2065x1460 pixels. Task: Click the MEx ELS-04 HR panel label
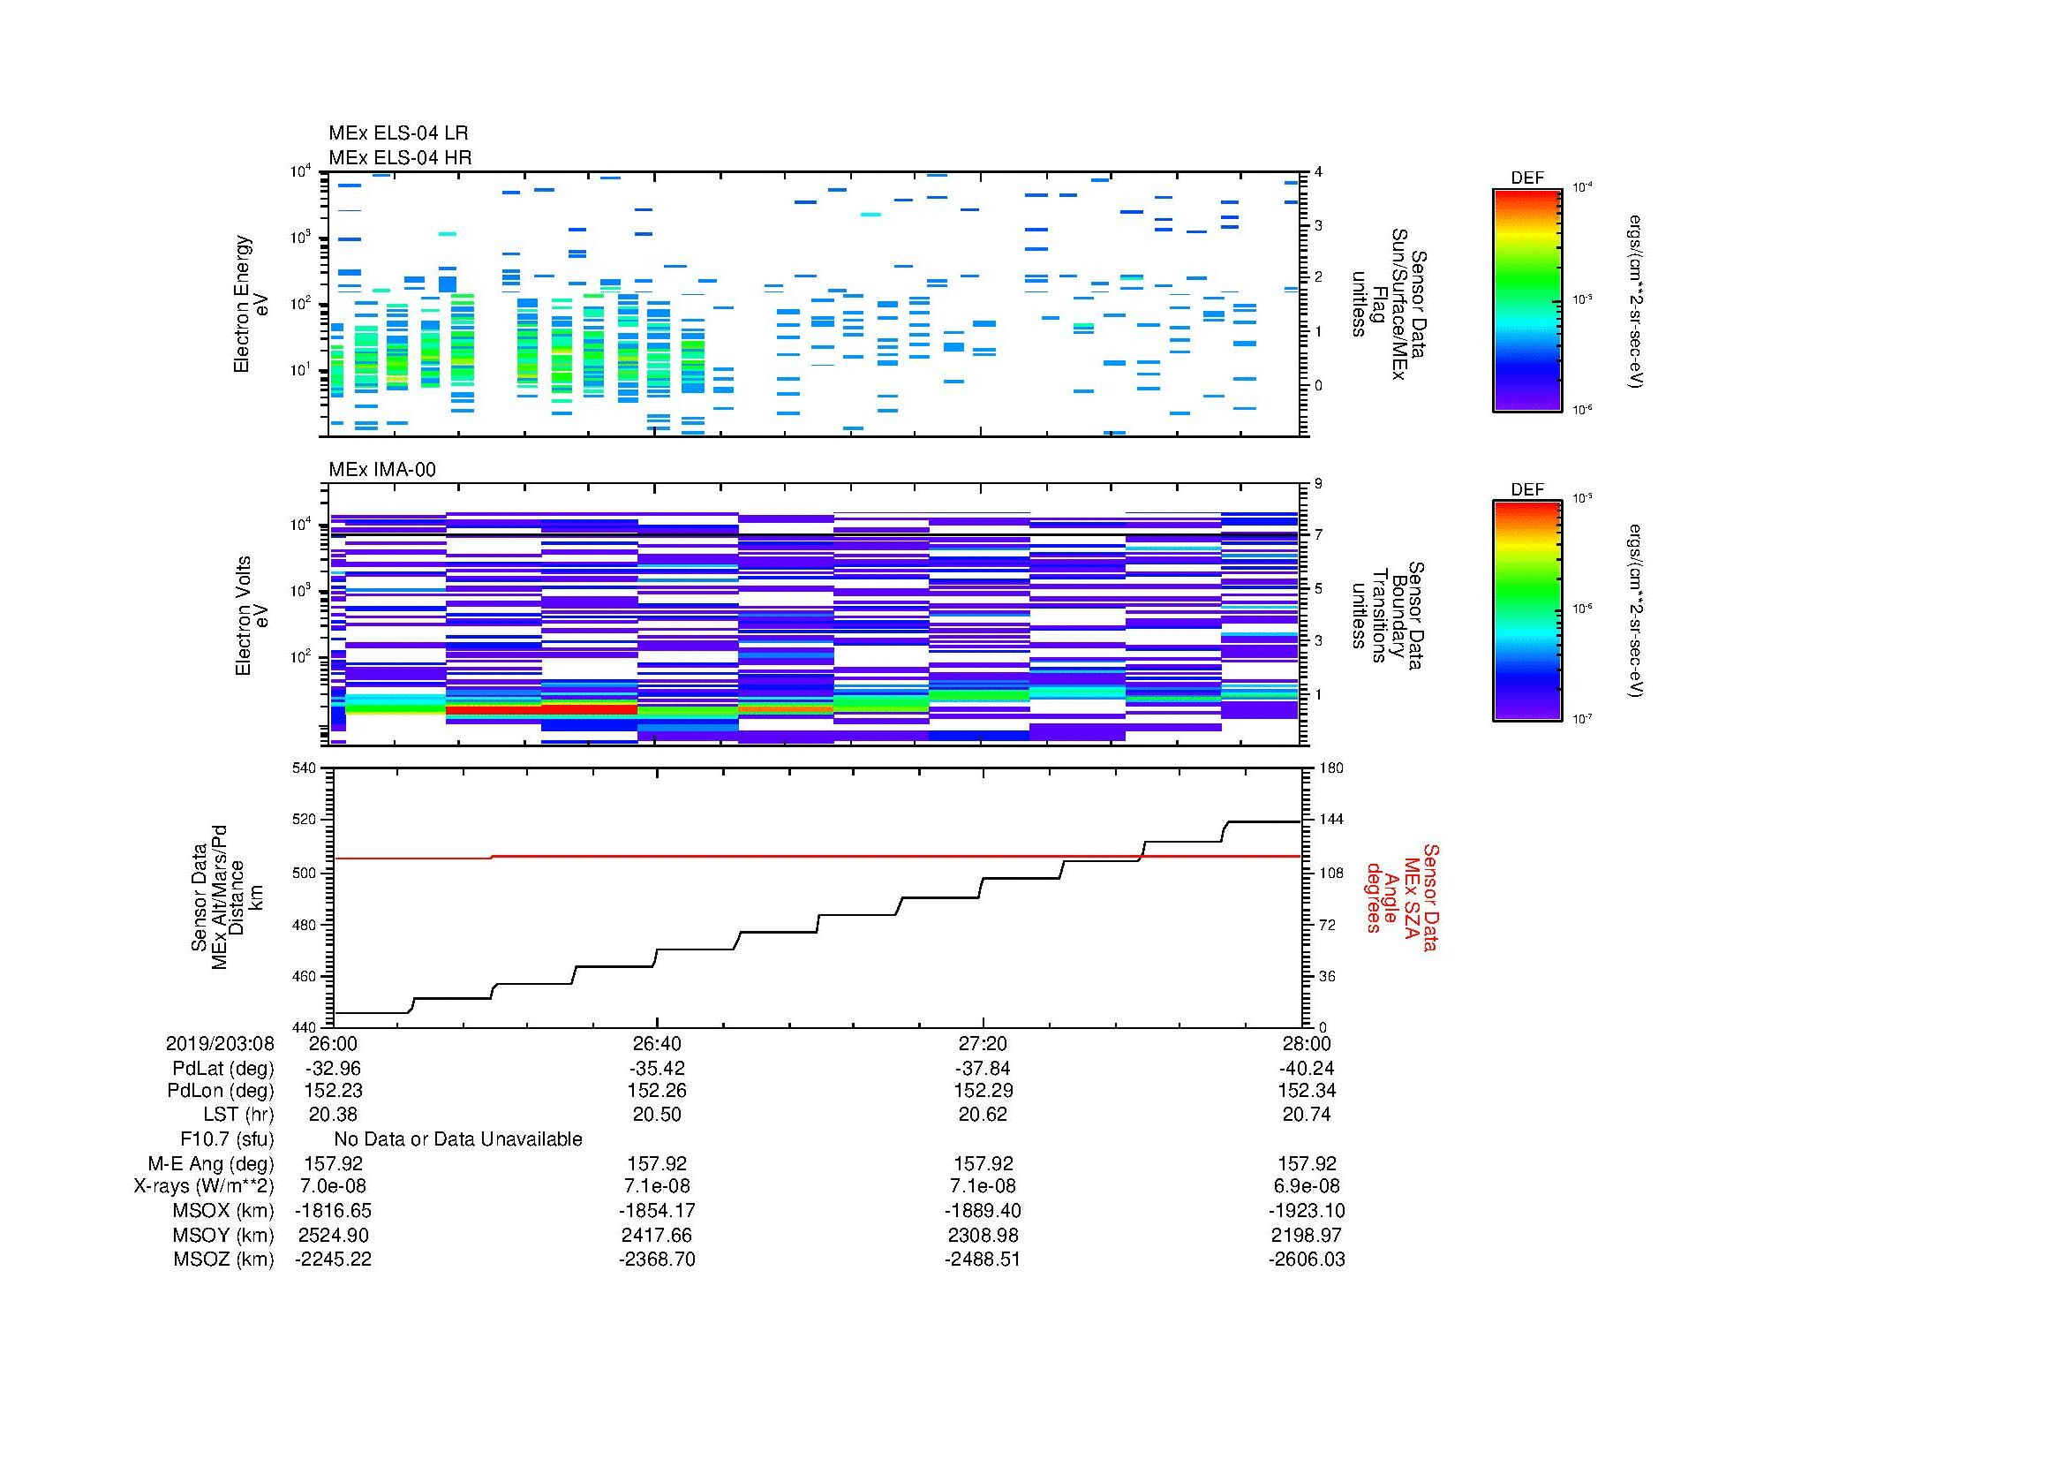click(399, 157)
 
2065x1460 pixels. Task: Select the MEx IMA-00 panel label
click(381, 470)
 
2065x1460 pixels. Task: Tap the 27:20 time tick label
click(983, 1043)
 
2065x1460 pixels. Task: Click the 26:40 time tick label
click(658, 1043)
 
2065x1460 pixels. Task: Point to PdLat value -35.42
click(658, 1069)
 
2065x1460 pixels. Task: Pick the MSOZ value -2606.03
click(1307, 1260)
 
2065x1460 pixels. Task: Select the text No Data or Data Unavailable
click(458, 1139)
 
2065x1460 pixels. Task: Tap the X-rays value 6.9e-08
click(1307, 1186)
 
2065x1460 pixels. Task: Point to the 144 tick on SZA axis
click(1330, 821)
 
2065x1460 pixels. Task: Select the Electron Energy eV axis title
click(251, 304)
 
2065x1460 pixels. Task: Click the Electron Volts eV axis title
click(252, 616)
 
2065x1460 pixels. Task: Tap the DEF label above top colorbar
click(1527, 178)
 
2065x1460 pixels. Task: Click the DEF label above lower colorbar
click(1527, 489)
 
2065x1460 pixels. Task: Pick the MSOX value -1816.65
click(333, 1211)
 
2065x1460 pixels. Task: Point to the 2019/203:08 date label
click(220, 1043)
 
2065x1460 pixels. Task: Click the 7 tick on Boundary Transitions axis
click(1318, 535)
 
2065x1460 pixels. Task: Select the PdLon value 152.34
click(1307, 1091)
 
